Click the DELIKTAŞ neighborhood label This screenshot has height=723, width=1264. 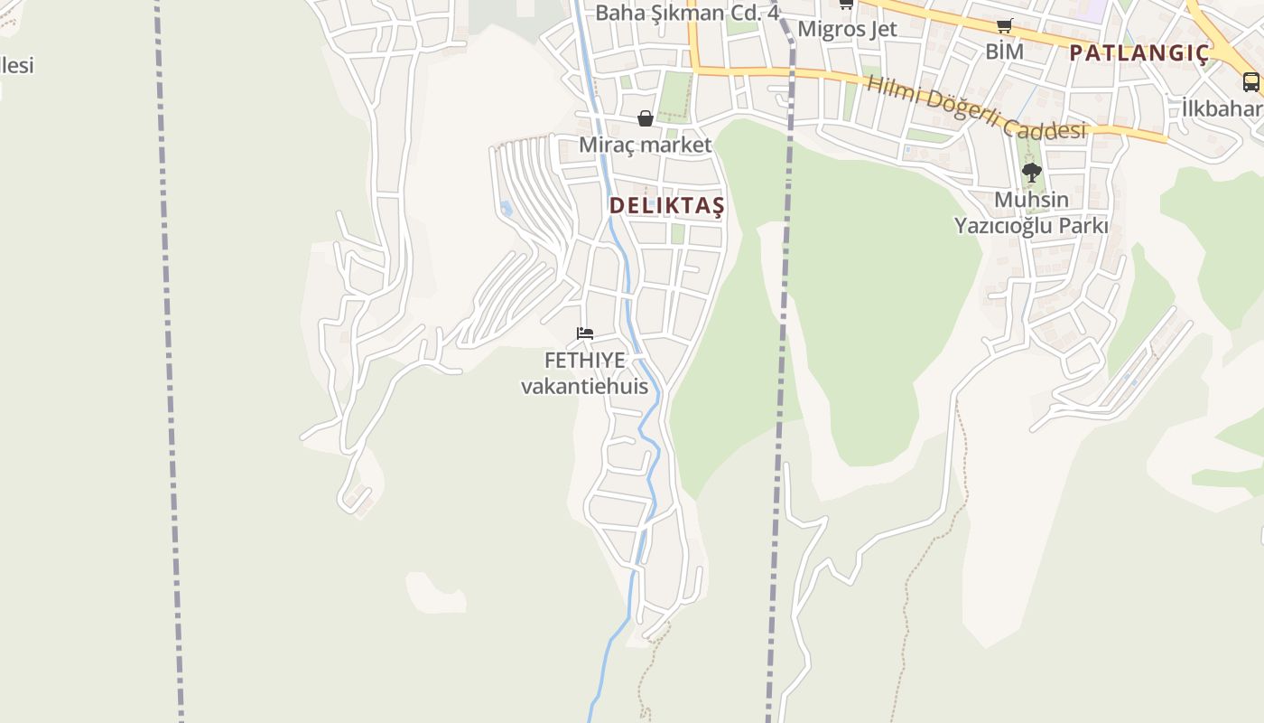click(x=666, y=206)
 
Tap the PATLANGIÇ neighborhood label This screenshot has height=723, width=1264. click(x=1139, y=53)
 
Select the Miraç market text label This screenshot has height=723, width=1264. click(x=645, y=145)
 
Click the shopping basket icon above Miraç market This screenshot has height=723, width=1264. click(x=646, y=118)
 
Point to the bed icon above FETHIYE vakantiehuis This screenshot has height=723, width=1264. click(x=585, y=333)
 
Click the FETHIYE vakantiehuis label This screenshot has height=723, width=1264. click(x=585, y=373)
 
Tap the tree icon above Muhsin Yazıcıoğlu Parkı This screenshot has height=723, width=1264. click(x=1031, y=172)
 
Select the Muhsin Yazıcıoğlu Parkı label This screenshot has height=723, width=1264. click(x=1031, y=212)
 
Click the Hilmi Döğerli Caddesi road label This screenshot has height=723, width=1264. click(x=975, y=108)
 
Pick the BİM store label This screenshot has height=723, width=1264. click(x=1004, y=52)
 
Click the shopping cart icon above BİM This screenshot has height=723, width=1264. click(x=1004, y=26)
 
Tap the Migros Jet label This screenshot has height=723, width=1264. click(x=847, y=29)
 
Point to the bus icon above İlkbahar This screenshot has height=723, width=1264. click(x=1251, y=82)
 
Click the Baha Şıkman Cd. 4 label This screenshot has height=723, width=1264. click(x=687, y=13)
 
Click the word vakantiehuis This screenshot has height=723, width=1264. click(x=585, y=387)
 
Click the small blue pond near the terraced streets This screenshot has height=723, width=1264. click(x=506, y=209)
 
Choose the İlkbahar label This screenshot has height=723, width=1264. click(x=1223, y=109)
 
